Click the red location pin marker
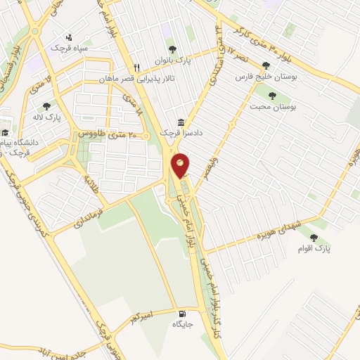181,165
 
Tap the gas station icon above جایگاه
183,314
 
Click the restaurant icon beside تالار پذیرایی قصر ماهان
137,67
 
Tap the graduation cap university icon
5,132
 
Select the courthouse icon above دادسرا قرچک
181,122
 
